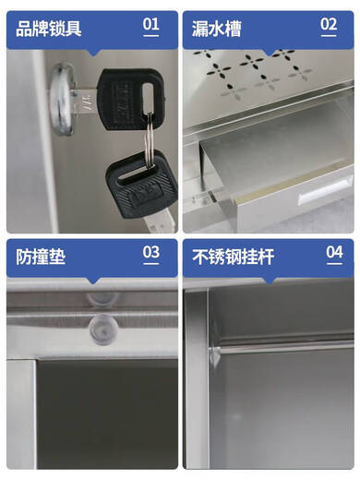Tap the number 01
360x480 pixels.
tap(150, 25)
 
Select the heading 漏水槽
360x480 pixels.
tap(217, 28)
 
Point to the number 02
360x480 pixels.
tap(328, 25)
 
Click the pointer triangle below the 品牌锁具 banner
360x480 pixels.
tap(91, 52)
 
